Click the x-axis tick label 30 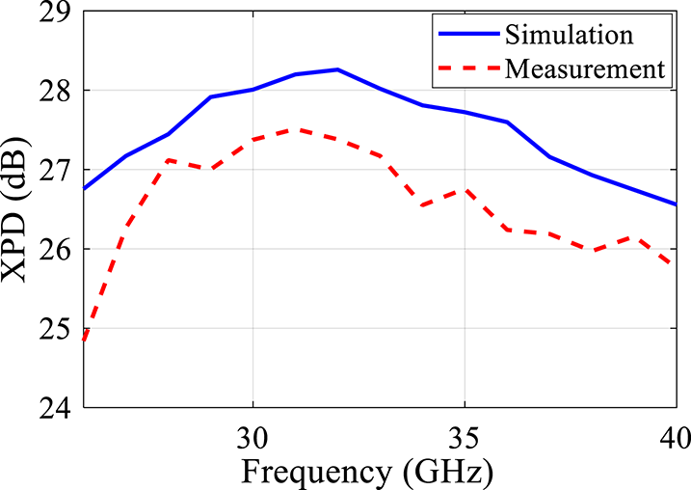[252, 435]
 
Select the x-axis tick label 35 [465, 435]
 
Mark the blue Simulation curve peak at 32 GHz [337, 69]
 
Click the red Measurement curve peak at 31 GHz [295, 128]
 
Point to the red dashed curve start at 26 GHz [85, 340]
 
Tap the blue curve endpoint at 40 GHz [676, 204]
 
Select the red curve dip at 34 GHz [422, 206]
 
